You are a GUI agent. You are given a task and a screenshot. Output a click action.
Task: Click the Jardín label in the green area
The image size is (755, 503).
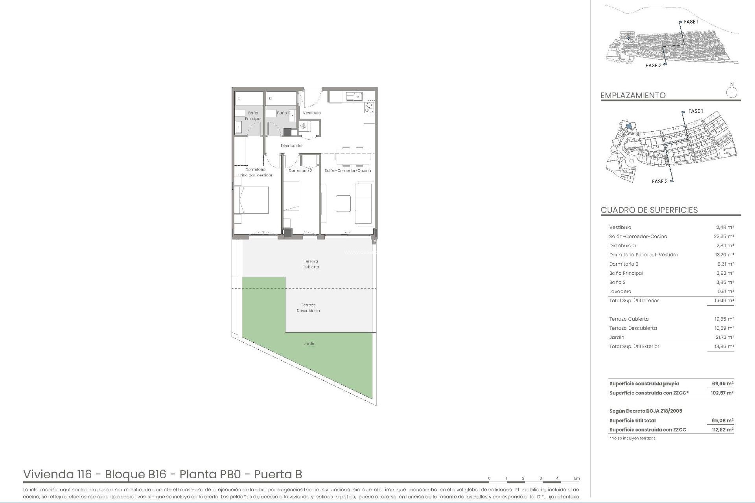click(309, 343)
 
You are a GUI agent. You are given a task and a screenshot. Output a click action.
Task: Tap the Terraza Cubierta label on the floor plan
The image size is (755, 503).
click(311, 264)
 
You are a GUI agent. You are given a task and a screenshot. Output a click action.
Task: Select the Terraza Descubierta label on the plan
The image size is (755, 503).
click(308, 308)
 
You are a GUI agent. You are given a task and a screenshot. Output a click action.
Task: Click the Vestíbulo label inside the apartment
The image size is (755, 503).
click(311, 113)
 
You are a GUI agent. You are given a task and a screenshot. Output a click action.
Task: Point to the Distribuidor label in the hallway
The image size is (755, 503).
click(292, 146)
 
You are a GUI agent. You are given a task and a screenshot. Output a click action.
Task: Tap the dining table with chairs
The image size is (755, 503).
click(353, 156)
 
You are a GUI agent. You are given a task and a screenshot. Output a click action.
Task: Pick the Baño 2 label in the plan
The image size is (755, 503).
click(283, 113)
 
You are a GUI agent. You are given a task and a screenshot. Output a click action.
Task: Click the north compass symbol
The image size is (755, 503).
click(731, 92)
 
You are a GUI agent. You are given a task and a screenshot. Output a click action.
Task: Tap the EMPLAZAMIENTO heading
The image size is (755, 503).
click(633, 95)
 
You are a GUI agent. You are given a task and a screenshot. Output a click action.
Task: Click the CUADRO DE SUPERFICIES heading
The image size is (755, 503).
click(649, 210)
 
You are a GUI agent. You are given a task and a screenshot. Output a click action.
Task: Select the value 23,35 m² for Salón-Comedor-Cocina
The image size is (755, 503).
click(724, 237)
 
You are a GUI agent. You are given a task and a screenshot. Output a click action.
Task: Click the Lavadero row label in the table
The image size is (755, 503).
click(620, 292)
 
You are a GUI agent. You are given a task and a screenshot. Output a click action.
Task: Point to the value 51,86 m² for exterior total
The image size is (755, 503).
click(724, 347)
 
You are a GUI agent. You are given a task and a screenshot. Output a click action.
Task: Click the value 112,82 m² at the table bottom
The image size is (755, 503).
click(722, 430)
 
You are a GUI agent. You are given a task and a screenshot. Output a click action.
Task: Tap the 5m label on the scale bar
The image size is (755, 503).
click(576, 479)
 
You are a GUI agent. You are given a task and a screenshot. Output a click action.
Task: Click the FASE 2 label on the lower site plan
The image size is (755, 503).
click(659, 182)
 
